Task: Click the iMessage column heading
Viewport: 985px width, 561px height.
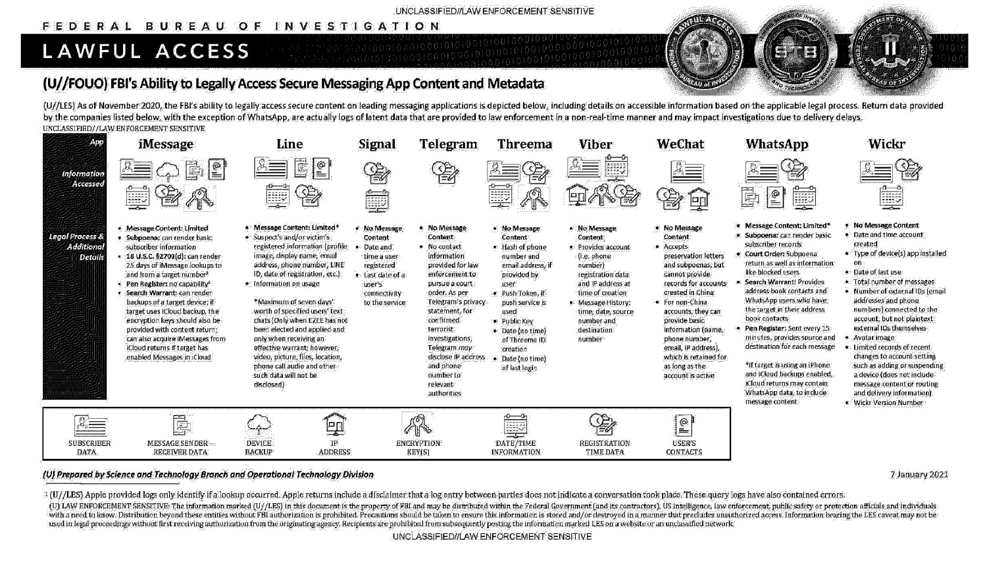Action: click(166, 144)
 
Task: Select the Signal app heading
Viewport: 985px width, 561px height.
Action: click(377, 144)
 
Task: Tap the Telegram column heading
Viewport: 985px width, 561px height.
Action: click(448, 144)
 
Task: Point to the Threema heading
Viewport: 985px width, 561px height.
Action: click(524, 144)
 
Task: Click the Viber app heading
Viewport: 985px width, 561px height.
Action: click(595, 144)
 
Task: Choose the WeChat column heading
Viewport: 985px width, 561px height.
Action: click(680, 144)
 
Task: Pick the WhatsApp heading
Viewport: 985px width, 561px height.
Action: click(776, 144)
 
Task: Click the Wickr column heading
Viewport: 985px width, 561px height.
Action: click(886, 144)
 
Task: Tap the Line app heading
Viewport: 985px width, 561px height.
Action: click(290, 144)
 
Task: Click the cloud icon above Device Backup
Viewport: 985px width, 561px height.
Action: click(259, 424)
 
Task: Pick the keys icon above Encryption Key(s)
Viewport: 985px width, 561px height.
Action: click(418, 424)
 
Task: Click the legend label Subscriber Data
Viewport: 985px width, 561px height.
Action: click(89, 448)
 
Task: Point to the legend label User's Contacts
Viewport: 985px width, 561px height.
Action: click(684, 448)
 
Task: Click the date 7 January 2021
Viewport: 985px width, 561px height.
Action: click(919, 475)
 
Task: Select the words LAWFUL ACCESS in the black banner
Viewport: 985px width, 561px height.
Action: click(146, 51)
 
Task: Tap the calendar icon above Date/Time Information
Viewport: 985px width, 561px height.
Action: click(515, 424)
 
